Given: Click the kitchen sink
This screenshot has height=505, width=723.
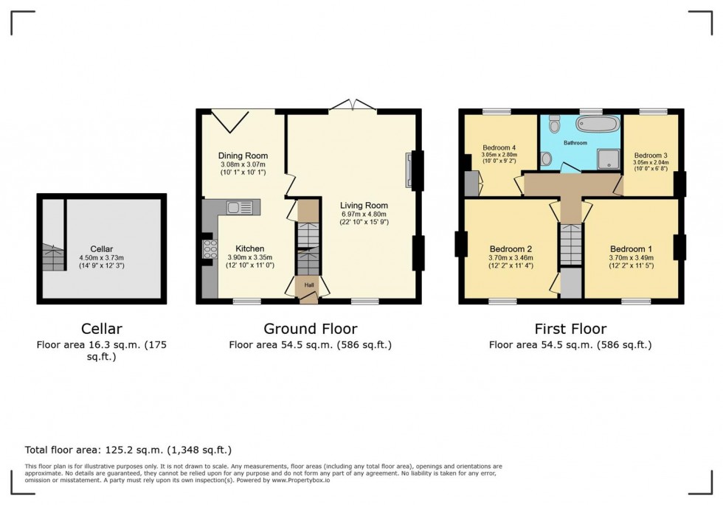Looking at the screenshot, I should (x=240, y=207).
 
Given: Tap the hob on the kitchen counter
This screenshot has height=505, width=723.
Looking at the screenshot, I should (x=210, y=250).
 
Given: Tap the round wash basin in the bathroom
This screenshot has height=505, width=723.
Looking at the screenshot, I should (x=546, y=158).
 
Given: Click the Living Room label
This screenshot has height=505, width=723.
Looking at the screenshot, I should (x=364, y=206).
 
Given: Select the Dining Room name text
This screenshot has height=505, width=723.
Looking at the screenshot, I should (x=243, y=156).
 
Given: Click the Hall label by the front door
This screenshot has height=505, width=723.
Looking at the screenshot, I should (x=308, y=284).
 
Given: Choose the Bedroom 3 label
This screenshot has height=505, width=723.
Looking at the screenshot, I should (x=651, y=156).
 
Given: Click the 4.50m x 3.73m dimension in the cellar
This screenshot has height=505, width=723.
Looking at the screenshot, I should (x=102, y=257).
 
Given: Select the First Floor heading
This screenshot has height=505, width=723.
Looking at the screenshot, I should (x=570, y=329).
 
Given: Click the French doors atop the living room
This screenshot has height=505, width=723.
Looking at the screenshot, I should (x=353, y=106).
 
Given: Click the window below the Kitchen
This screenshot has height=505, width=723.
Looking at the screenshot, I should (x=247, y=301).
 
